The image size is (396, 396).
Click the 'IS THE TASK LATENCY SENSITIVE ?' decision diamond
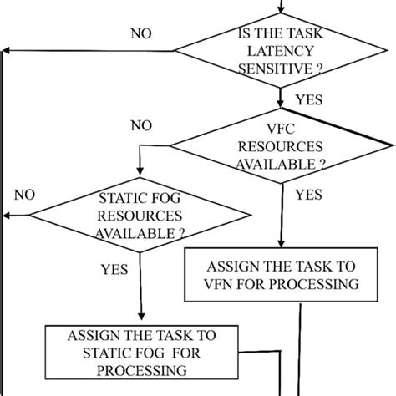(x=282, y=54)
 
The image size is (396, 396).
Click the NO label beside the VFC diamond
(x=141, y=126)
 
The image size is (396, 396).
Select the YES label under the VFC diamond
(x=308, y=195)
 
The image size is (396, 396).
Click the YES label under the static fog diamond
(x=114, y=269)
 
